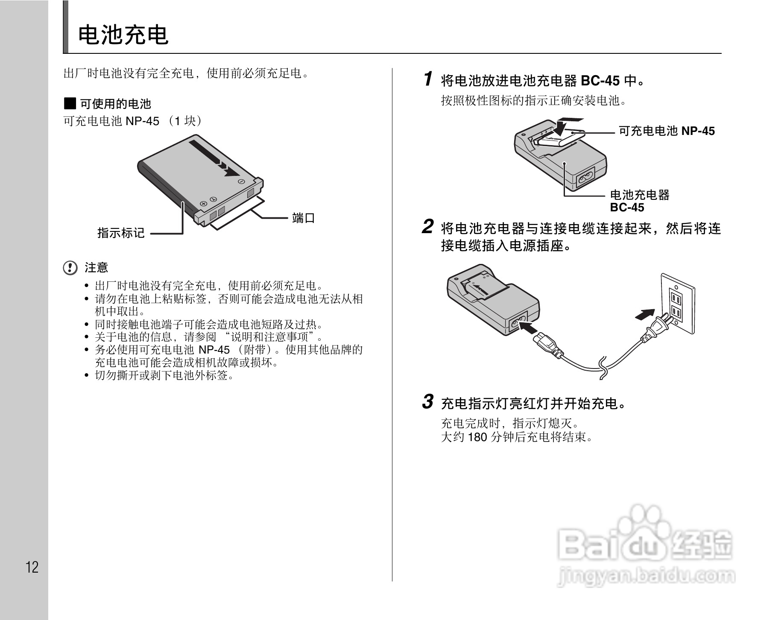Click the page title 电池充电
123,35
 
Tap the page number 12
32,567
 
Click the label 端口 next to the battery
304,218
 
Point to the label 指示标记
121,233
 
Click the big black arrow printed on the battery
214,158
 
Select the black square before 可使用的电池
70,103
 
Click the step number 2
428,227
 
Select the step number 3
428,402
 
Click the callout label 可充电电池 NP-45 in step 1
667,131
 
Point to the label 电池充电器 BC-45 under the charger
639,201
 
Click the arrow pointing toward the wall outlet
645,314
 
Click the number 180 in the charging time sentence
477,437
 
